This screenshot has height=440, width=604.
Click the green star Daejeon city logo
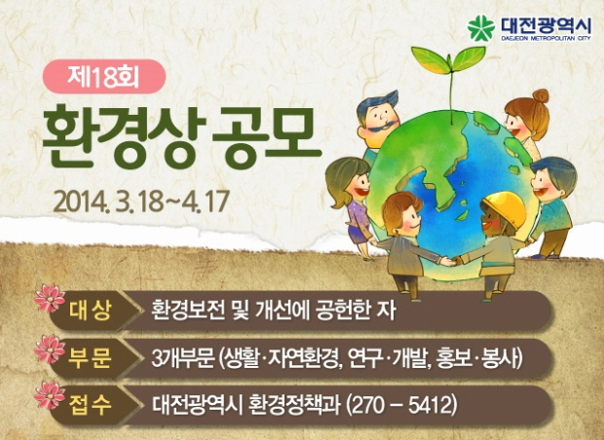tap(480, 28)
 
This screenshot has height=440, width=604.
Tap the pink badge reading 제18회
tap(104, 77)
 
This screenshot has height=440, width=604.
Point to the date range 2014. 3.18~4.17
tap(142, 201)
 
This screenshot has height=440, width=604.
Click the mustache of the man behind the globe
tap(381, 126)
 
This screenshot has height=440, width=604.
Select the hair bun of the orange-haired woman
tap(541, 95)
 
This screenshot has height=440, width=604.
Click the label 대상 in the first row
tap(91, 312)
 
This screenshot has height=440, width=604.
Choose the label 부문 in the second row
tap(91, 358)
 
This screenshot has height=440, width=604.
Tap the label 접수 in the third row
tap(91, 405)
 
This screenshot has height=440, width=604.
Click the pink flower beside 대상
tap(50, 298)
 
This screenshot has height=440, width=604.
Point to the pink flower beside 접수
tap(50, 395)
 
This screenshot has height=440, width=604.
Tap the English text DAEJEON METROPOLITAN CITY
tap(546, 39)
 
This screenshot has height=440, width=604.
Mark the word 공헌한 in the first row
tap(341, 311)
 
